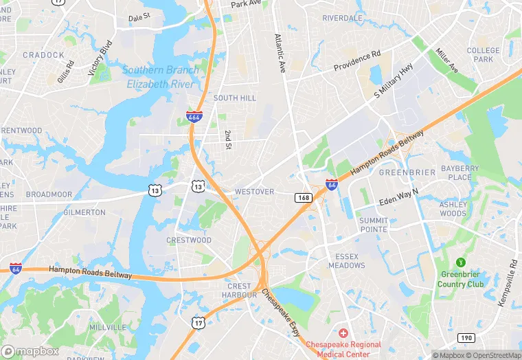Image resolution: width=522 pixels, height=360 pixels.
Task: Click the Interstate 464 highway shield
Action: pyautogui.click(x=194, y=117)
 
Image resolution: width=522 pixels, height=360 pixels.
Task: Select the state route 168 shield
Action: pyautogui.click(x=304, y=198)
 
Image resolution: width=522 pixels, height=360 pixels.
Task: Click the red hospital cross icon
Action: pyautogui.click(x=343, y=333)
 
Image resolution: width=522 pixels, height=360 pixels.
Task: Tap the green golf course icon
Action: pyautogui.click(x=461, y=262)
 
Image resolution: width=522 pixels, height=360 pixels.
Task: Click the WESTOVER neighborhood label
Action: pyautogui.click(x=254, y=192)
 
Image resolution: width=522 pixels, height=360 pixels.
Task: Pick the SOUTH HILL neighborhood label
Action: pyautogui.click(x=235, y=98)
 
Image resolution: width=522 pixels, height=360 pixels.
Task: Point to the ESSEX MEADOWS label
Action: pyautogui.click(x=347, y=261)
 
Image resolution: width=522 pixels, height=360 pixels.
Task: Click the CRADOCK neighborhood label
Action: pyautogui.click(x=43, y=55)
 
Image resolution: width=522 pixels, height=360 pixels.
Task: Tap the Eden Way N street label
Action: pyautogui.click(x=398, y=196)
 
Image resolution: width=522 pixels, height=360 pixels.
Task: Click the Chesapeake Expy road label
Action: pyautogui.click(x=281, y=312)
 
